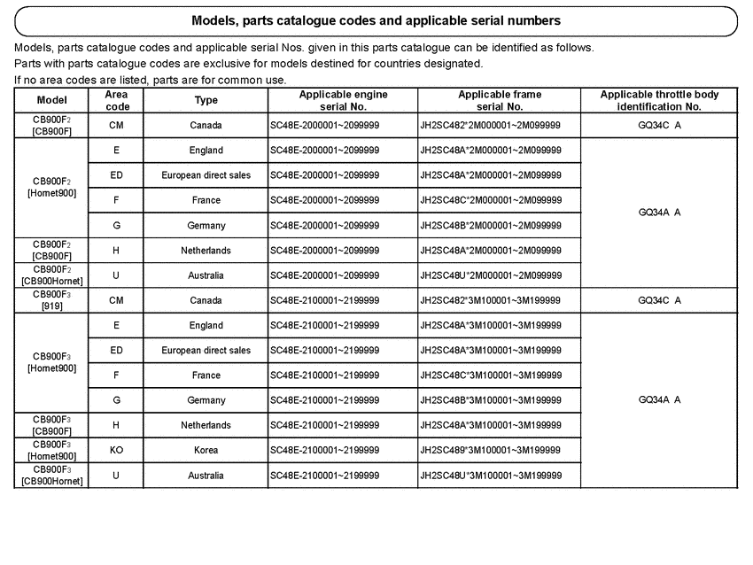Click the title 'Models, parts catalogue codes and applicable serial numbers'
pos(376,20)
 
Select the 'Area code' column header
pos(116,100)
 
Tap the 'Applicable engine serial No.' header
pos(343,100)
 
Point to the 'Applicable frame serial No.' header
pos(500,100)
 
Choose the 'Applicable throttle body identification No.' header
pos(659,100)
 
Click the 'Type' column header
pos(206,100)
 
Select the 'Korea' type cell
pos(206,450)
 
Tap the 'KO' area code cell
pos(116,450)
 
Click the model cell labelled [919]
pos(51,300)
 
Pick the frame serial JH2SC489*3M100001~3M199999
pos(490,450)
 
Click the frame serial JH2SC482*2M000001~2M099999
pos(490,125)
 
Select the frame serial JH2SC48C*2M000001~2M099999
pos(490,200)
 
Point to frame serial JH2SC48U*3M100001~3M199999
pos(490,476)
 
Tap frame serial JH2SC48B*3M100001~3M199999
pos(490,400)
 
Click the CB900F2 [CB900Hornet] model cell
pos(51,275)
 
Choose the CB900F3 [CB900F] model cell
pos(51,425)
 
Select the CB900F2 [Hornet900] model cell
pos(51,188)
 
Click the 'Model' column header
pos(51,100)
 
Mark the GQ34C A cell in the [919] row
pos(659,300)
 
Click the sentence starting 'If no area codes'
pos(151,80)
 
